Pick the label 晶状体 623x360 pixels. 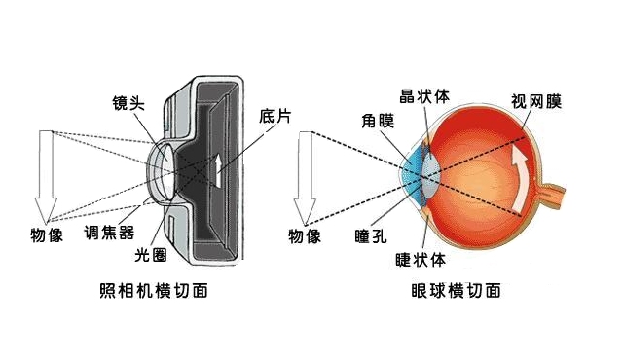click(421, 96)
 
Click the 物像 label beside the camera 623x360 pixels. click(46, 234)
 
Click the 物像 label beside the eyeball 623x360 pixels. click(305, 235)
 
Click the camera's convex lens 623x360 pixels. click(163, 169)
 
